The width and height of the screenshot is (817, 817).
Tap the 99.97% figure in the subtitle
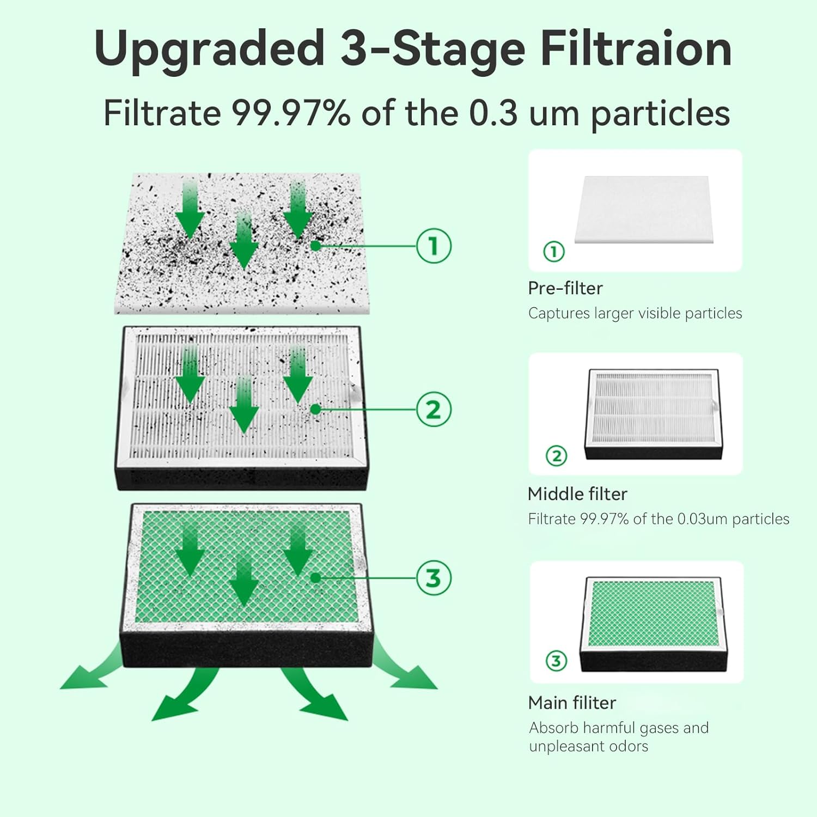click(291, 113)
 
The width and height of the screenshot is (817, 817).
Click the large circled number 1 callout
click(434, 246)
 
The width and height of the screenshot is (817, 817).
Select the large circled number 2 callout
click(434, 410)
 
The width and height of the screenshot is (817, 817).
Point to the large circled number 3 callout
click(434, 578)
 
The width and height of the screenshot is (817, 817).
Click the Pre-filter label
click(565, 288)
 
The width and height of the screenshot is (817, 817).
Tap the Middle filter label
click(577, 494)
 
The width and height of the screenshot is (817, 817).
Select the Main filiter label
click(572, 703)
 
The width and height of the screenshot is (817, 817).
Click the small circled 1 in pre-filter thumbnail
click(554, 252)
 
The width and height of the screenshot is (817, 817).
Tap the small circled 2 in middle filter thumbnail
click(556, 456)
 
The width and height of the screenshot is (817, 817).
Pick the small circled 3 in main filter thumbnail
click(556, 661)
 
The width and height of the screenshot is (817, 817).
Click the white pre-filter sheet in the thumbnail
click(644, 210)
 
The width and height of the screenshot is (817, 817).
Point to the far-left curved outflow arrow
click(87, 673)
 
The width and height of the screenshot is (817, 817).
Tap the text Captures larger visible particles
click(635, 314)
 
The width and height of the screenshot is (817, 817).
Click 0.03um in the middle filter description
click(702, 519)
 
